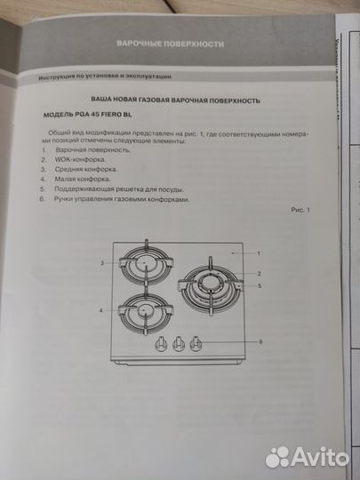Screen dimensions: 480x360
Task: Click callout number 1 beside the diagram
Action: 259,254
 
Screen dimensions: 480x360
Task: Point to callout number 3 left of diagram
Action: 103,264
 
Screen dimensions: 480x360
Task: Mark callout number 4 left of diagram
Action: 103,310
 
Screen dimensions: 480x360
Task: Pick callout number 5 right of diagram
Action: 259,286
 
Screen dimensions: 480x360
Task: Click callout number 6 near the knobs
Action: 260,341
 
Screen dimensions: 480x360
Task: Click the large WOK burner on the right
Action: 211,285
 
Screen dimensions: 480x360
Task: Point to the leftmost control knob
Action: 164,343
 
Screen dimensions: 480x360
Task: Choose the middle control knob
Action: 181,343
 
